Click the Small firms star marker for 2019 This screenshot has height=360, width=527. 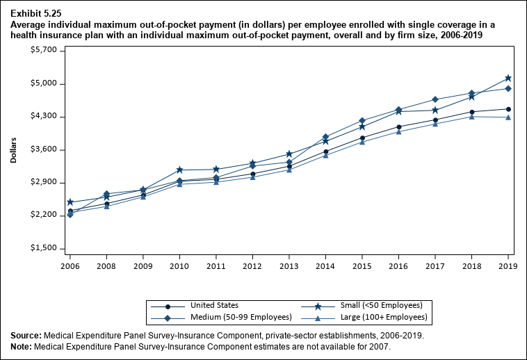(x=508, y=78)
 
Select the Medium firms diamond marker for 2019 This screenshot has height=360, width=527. (x=508, y=88)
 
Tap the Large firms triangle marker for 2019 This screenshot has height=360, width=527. (x=508, y=117)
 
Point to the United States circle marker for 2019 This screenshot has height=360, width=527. (x=508, y=109)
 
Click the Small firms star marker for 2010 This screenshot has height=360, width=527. (x=179, y=170)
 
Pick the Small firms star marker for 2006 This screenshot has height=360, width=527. (x=70, y=202)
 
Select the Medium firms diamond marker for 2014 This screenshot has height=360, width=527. (x=325, y=137)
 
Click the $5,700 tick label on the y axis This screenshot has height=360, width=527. (x=34, y=51)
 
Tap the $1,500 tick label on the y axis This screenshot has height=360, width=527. (x=34, y=249)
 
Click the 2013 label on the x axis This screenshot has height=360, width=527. (x=289, y=265)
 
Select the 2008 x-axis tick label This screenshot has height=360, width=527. (x=106, y=265)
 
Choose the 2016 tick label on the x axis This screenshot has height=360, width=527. (x=398, y=265)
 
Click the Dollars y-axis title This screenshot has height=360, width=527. (x=14, y=149)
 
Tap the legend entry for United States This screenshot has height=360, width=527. (x=213, y=305)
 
